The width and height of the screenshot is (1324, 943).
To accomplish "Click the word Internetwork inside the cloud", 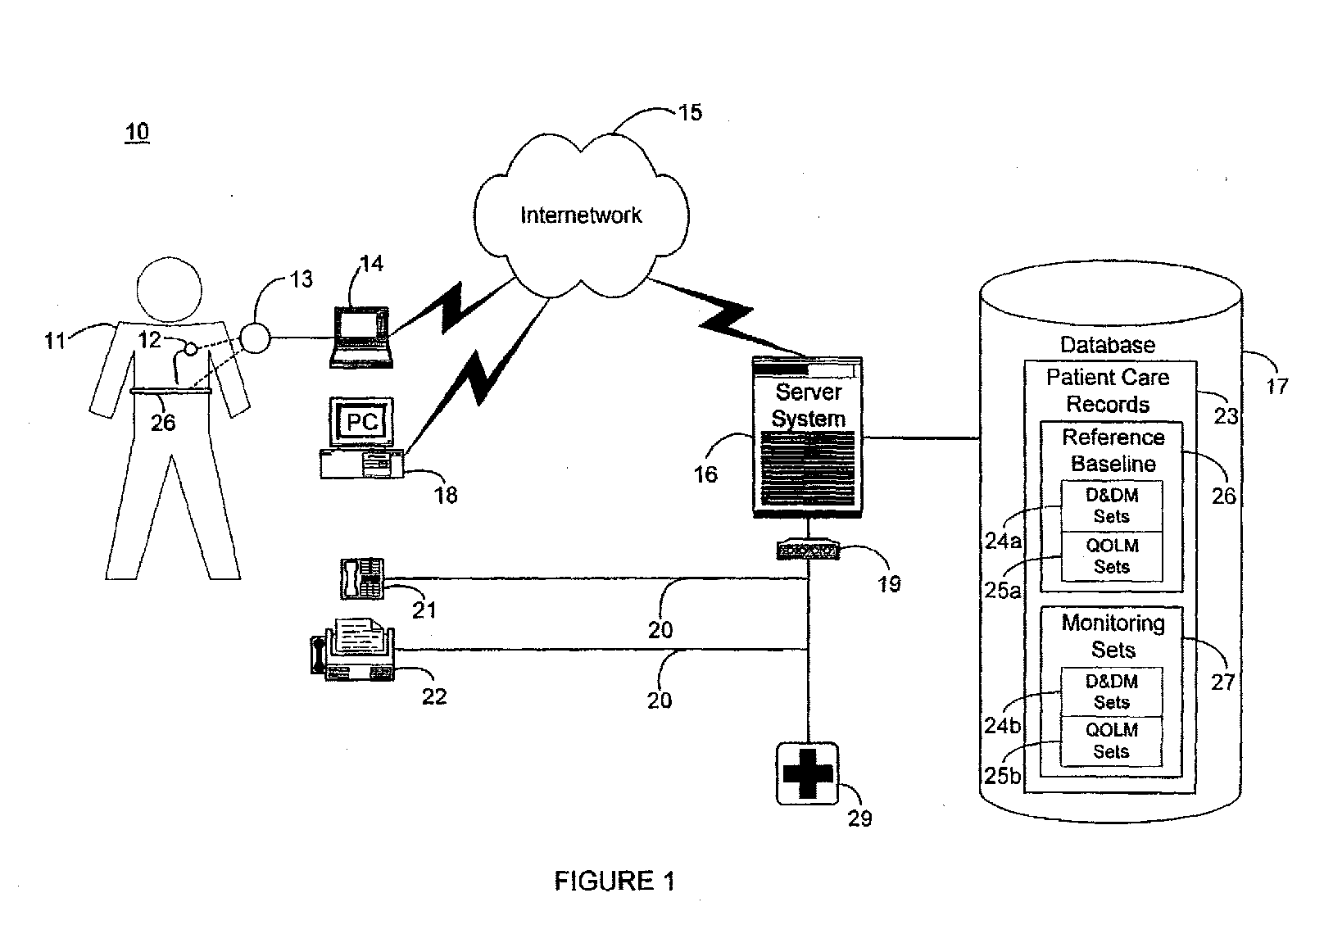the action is [581, 215].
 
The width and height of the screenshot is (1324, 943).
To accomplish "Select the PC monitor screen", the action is [362, 421].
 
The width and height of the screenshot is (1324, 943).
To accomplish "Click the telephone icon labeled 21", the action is [362, 578].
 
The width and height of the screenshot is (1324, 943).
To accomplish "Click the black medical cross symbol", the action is [807, 773].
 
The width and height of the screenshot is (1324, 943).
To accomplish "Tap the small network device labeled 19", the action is [808, 549].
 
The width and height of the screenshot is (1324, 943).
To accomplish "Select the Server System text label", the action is [808, 405].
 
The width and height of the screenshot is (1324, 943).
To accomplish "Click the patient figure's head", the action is [169, 290].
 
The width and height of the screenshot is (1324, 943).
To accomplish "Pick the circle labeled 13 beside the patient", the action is [255, 338].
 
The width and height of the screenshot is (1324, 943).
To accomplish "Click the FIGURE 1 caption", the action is [614, 881].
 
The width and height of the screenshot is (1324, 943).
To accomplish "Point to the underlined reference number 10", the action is [137, 132].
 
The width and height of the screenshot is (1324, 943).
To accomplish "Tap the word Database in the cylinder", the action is [1108, 345].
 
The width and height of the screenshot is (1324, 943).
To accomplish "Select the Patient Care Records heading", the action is [1109, 391].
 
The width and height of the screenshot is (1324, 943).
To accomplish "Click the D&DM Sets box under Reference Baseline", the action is [1112, 506].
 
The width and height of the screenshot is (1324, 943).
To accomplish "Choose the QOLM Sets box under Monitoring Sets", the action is [1111, 741].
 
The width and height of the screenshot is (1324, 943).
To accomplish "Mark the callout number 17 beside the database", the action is [1276, 387].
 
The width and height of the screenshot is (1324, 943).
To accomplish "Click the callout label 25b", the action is [1003, 775].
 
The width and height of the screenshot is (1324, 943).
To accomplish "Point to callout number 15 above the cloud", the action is [690, 112].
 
